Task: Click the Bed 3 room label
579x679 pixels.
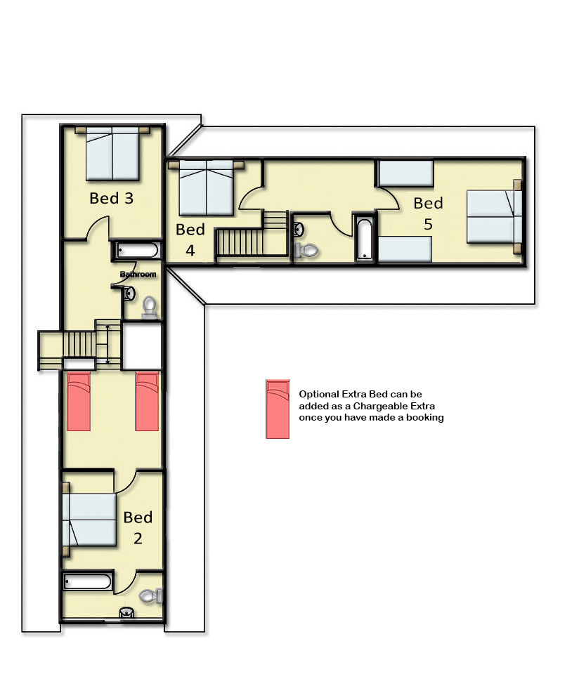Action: (x=112, y=198)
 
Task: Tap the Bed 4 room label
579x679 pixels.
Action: (x=190, y=239)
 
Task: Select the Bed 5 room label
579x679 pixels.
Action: (x=428, y=213)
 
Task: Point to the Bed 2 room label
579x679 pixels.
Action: (x=138, y=527)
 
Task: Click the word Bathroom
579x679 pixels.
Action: (x=138, y=274)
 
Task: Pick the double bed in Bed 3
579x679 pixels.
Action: (x=112, y=153)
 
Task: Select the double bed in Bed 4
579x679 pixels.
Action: (x=207, y=187)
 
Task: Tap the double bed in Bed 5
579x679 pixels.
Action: (x=494, y=216)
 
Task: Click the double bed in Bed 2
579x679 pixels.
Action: (x=89, y=520)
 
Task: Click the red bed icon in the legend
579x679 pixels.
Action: (x=278, y=409)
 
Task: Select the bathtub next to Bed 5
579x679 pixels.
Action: (x=365, y=239)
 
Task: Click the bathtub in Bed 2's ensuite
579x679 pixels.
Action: (x=88, y=581)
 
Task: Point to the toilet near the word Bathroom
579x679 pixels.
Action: (x=150, y=307)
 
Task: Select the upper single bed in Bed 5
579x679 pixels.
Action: (x=406, y=173)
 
